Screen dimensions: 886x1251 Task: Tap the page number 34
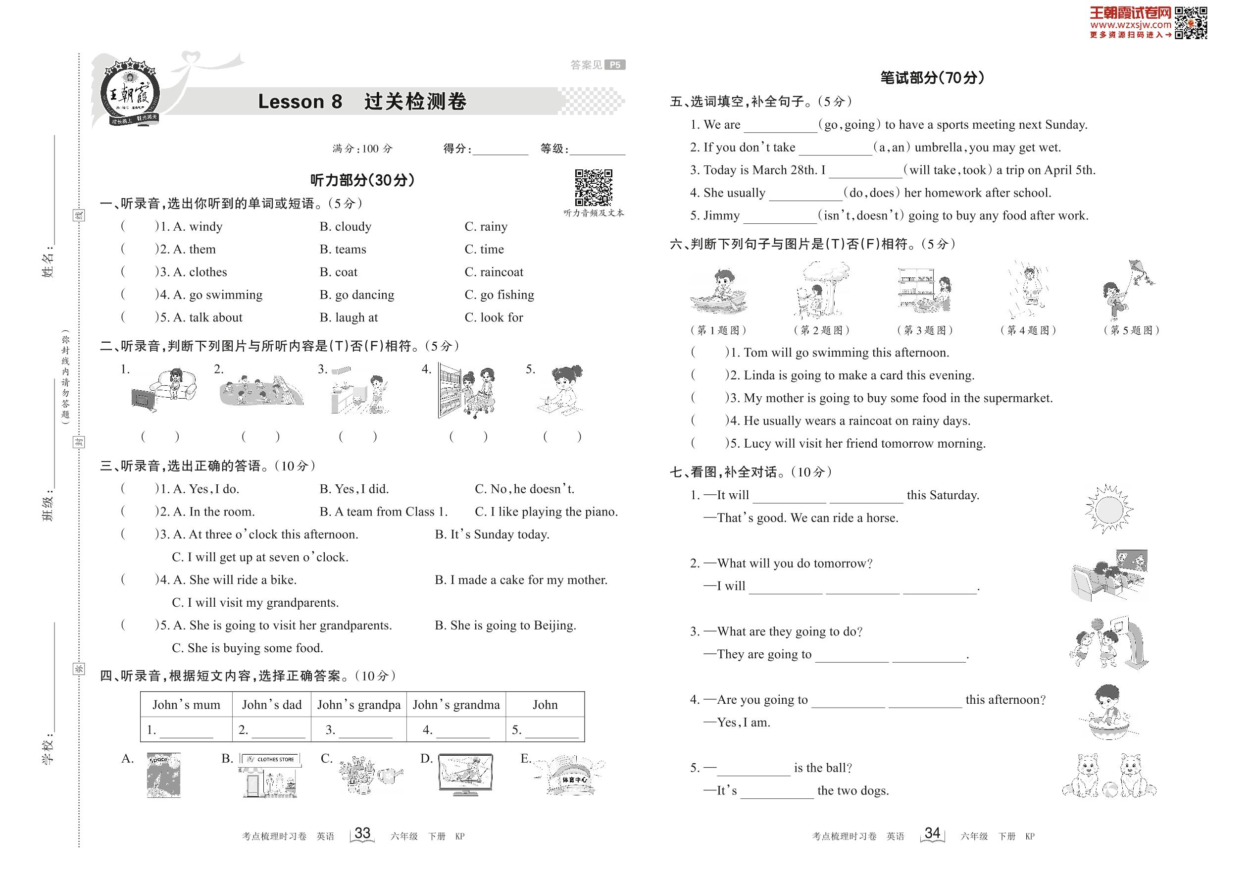pos(932,833)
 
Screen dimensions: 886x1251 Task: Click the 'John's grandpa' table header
pos(359,704)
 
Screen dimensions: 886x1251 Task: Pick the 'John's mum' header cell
pos(187,704)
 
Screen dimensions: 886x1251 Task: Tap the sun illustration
pos(1108,509)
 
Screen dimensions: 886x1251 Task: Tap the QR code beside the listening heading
pos(594,188)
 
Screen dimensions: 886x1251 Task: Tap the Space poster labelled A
pos(163,775)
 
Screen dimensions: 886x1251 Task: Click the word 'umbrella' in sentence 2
pos(938,147)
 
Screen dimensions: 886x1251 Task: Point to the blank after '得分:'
pos(500,149)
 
